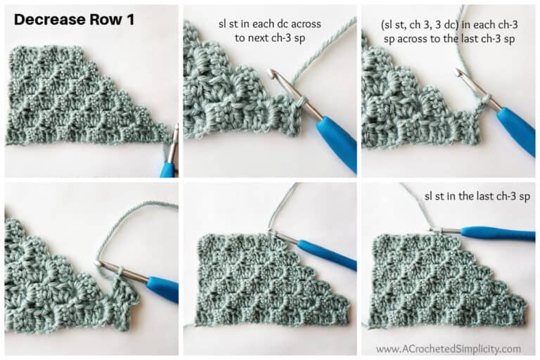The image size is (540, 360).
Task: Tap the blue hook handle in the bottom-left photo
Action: (162, 289)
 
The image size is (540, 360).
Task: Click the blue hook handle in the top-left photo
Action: (167, 169)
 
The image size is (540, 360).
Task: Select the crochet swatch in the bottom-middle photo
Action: (271, 281)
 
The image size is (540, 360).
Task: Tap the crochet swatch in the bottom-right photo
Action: (443, 281)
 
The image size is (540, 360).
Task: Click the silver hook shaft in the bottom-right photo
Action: (446, 230)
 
